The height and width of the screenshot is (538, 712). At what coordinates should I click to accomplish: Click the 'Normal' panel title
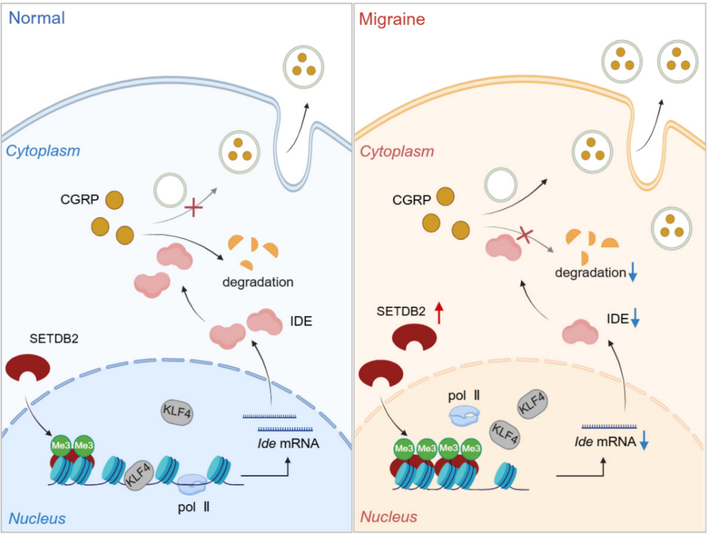click(37, 18)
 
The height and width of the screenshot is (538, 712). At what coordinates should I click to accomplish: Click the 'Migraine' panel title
click(392, 19)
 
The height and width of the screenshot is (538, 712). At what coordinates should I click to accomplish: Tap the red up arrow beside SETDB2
click(438, 313)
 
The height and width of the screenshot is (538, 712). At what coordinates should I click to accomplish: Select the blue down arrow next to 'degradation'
click(633, 272)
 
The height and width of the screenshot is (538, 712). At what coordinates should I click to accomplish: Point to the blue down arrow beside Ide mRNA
click(643, 441)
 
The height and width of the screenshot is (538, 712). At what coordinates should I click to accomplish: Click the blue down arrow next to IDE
click(635, 318)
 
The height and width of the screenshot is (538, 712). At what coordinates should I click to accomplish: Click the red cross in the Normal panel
click(193, 208)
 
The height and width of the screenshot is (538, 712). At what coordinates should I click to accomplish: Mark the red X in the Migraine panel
click(525, 235)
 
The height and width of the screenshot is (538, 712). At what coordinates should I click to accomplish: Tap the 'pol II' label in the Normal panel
click(194, 507)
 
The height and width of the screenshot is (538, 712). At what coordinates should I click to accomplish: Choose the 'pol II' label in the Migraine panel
click(464, 395)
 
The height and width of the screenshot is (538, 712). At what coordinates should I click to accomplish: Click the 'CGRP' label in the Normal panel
click(79, 199)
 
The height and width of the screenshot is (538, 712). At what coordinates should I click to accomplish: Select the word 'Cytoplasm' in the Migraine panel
click(397, 151)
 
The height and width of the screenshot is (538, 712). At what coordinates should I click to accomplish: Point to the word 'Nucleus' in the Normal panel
click(37, 519)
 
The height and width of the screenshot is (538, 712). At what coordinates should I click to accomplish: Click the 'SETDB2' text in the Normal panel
click(54, 339)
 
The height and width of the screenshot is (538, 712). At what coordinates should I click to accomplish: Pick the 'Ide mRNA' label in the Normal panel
click(288, 443)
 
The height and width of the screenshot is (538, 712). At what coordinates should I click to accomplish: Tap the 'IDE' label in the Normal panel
click(301, 321)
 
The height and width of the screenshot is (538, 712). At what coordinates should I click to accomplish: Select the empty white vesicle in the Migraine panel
click(501, 185)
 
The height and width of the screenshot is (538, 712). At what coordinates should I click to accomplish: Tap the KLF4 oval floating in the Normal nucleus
click(177, 413)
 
